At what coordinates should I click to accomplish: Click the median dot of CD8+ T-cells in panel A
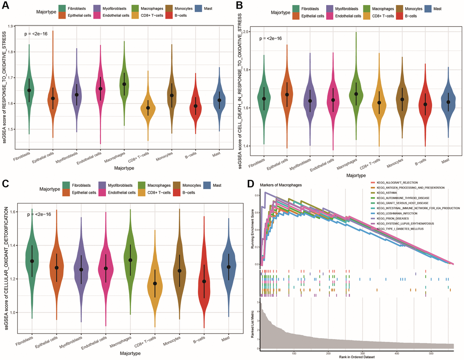pyautogui.click(x=148, y=108)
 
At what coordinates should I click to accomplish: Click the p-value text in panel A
pyautogui.click(x=36, y=34)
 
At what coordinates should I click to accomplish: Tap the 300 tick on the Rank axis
pyautogui.click(x=363, y=353)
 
